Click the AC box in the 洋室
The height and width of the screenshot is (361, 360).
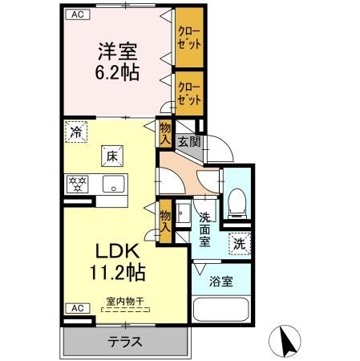[75, 14]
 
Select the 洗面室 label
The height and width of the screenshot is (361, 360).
[204, 229]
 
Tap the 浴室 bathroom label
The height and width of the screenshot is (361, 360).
[222, 282]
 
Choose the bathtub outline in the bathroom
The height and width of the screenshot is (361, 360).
[222, 313]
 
